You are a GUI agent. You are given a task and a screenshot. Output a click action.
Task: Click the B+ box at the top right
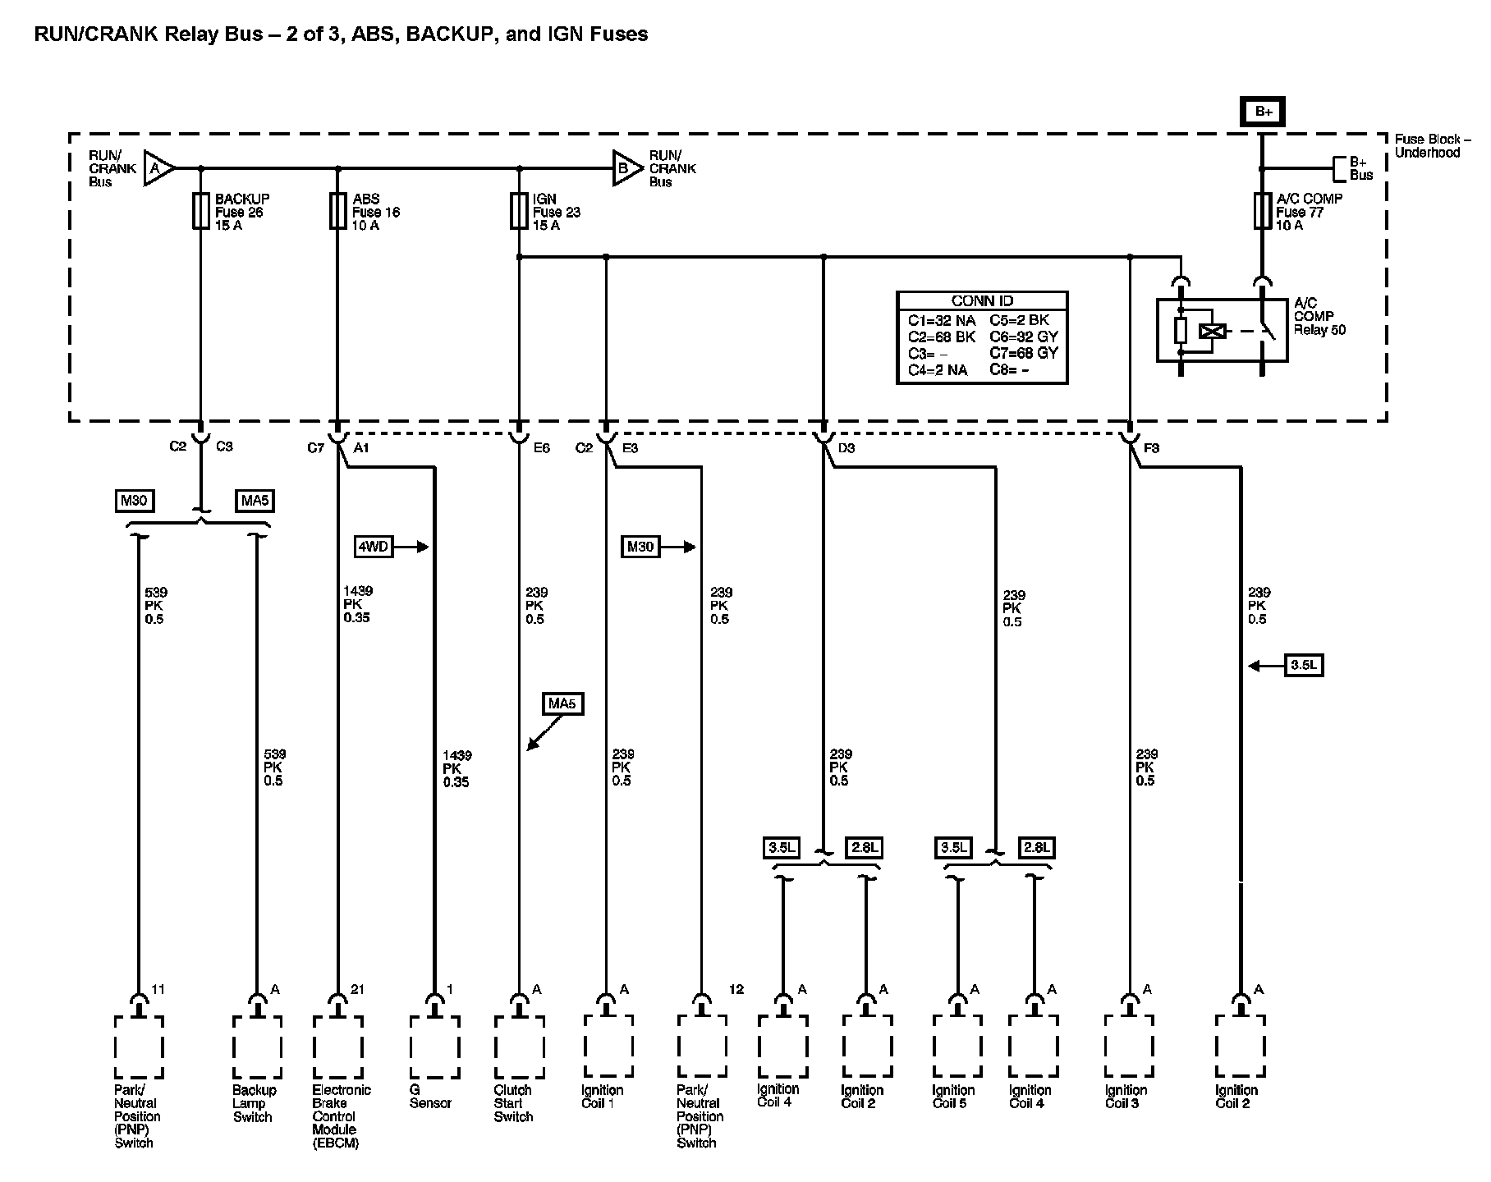pos(1263,112)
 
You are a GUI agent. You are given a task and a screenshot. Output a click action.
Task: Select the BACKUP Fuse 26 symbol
pos(200,211)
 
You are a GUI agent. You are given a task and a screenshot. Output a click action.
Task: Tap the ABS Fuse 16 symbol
pos(337,211)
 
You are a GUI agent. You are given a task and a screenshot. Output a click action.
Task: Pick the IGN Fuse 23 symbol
pos(518,211)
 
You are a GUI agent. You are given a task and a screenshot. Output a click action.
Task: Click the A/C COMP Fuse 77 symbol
pos(1263,211)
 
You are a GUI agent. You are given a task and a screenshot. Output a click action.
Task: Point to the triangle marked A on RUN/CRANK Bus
pos(158,168)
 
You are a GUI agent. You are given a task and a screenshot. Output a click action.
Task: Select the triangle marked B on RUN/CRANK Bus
pos(626,168)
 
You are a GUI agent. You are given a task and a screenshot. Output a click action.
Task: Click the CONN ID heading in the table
pos(982,301)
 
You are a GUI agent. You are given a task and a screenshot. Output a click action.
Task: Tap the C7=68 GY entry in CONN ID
pos(1024,353)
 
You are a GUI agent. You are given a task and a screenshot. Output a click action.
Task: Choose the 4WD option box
pos(374,547)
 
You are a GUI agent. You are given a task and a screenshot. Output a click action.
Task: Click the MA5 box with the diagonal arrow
pos(563,703)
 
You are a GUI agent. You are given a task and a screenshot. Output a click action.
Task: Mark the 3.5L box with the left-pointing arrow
pos(1303,665)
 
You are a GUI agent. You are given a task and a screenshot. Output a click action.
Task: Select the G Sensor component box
pos(434,1047)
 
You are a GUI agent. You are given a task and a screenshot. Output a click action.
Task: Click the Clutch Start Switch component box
pos(519,1047)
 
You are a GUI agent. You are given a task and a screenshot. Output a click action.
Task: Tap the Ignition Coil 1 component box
pos(608,1047)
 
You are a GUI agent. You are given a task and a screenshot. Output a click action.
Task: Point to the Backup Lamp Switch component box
pos(257,1047)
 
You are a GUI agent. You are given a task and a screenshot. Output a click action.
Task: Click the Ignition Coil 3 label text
pos(1126,1097)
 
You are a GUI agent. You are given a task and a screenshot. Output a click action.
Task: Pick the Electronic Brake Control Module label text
pos(341,1116)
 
